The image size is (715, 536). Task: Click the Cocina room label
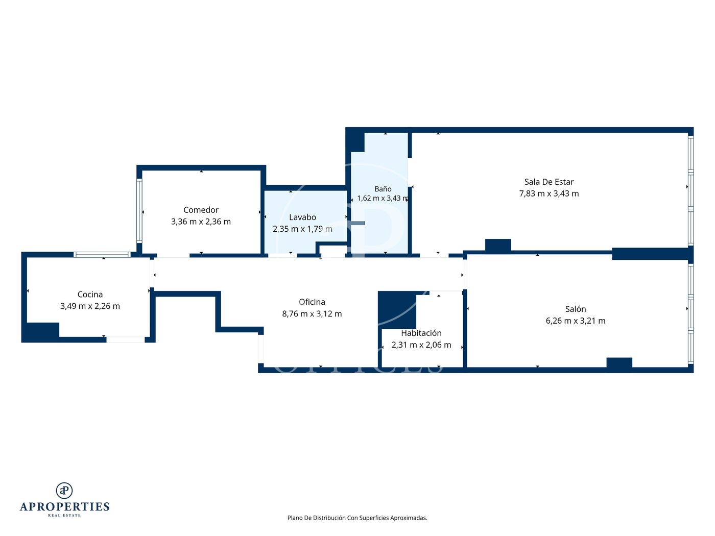(x=90, y=294)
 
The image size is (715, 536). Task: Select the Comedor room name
(x=201, y=210)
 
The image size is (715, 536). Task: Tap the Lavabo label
(x=302, y=217)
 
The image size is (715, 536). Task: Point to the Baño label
(x=383, y=189)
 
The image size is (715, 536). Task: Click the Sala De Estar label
(x=549, y=182)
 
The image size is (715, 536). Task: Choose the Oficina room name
(x=312, y=302)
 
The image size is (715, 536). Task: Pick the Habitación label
(x=421, y=333)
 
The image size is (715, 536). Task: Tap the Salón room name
(x=576, y=309)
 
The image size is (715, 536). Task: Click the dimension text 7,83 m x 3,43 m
(x=549, y=193)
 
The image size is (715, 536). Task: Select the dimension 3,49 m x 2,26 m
(x=90, y=306)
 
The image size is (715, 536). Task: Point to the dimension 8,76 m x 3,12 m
(x=312, y=314)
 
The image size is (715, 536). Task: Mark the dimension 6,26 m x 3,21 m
(x=576, y=321)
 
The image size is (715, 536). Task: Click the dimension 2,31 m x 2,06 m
(x=421, y=345)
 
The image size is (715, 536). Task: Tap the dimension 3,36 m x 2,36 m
(x=201, y=222)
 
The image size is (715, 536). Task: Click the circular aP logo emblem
(x=64, y=491)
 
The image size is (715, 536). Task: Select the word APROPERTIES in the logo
(x=64, y=507)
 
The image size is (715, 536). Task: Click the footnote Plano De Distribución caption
(x=357, y=518)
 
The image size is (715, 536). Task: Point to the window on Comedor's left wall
(x=139, y=211)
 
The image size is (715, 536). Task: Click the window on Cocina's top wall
(x=102, y=255)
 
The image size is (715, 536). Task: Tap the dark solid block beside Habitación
(x=397, y=309)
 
